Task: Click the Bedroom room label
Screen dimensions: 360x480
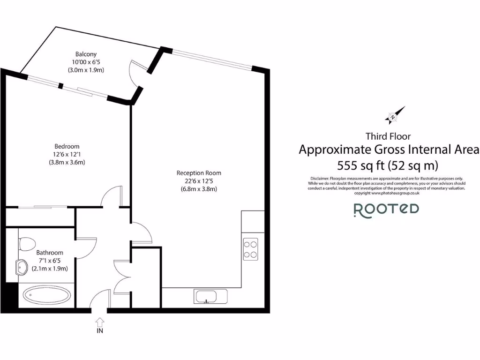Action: pyautogui.click(x=67, y=146)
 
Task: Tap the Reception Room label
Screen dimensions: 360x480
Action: pyautogui.click(x=199, y=172)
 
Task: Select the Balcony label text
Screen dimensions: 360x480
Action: pyautogui.click(x=86, y=54)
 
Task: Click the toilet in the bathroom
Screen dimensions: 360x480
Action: pyautogui.click(x=28, y=244)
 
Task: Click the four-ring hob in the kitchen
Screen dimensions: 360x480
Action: pyautogui.click(x=250, y=249)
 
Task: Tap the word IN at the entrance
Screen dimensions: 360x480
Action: pyautogui.click(x=100, y=330)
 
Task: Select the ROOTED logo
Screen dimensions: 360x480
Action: pyautogui.click(x=386, y=209)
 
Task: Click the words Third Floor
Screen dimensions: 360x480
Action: pyautogui.click(x=388, y=136)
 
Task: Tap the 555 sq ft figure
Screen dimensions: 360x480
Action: pyautogui.click(x=360, y=165)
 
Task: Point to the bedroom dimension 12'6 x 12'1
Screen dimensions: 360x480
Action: pyautogui.click(x=67, y=154)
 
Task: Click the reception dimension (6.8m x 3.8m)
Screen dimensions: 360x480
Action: pyautogui.click(x=199, y=189)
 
